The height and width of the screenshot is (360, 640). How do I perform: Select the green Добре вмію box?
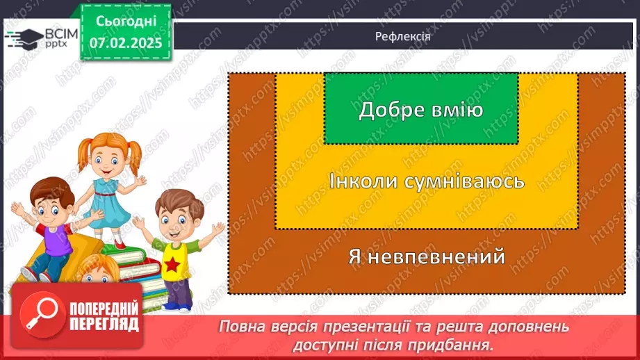click(x=420, y=108)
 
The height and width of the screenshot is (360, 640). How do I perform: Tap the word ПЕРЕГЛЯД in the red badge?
click(x=103, y=324)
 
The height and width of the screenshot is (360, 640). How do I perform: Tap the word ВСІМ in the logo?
click(x=60, y=32)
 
